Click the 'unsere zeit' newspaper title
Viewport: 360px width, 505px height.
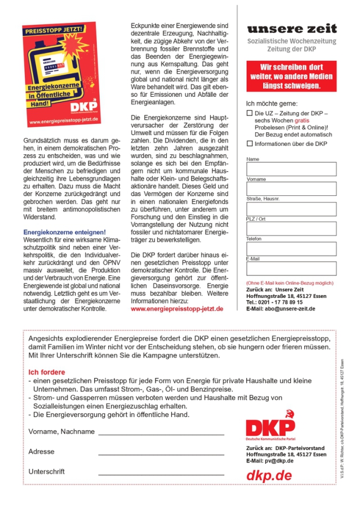coord(291,28)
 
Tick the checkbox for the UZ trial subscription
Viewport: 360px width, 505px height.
coord(250,113)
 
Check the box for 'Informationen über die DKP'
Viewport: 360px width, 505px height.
coord(250,144)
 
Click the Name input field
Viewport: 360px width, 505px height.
coord(291,169)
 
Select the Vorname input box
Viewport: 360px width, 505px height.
coord(291,189)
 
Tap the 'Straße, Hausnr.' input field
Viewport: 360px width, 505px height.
coord(291,209)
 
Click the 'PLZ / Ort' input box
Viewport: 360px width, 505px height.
coord(291,229)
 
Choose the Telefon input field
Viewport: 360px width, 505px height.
coord(291,248)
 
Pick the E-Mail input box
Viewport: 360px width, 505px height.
coord(291,268)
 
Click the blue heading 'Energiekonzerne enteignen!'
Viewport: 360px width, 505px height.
coord(64,232)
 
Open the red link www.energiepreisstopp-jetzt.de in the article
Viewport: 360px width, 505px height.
coord(177,309)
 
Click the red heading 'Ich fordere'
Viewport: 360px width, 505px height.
coord(47,372)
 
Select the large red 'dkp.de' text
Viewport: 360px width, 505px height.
coord(269,475)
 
